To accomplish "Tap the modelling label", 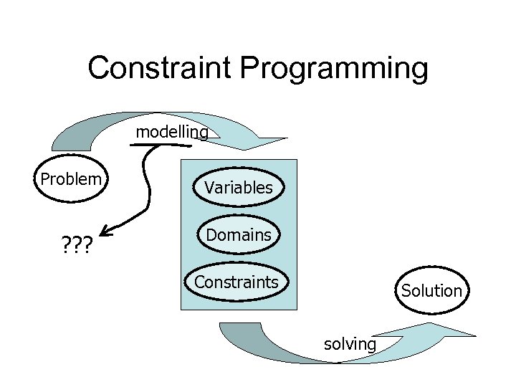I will point(172,132).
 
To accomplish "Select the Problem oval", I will point(70,179).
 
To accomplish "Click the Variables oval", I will point(238,188).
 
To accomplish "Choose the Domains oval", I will point(238,234).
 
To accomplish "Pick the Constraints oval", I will point(236,282).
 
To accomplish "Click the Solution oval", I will point(431,290).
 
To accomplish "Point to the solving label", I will point(350,344).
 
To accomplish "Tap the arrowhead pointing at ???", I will point(105,230).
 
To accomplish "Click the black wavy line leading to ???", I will point(148,183).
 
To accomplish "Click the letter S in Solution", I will point(406,290).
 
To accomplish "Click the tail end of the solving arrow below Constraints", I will point(233,330).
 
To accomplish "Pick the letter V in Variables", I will point(209,188).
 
